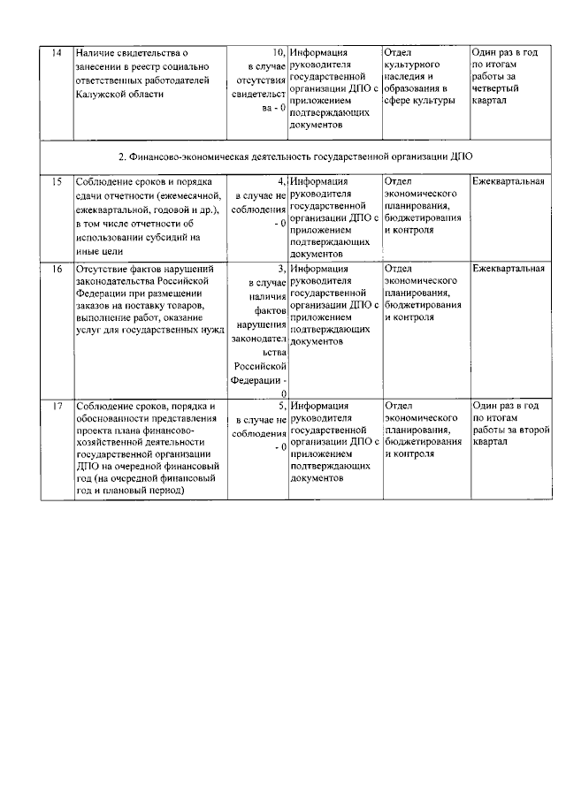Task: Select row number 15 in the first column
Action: (57, 181)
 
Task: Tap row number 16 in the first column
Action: (57, 268)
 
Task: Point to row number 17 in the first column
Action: (57, 406)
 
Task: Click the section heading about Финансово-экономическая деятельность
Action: (295, 156)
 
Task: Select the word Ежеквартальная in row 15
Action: (508, 181)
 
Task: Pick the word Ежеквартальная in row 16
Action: (508, 268)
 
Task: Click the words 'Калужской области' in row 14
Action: (120, 94)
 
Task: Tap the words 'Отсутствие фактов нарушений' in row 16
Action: (141, 268)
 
